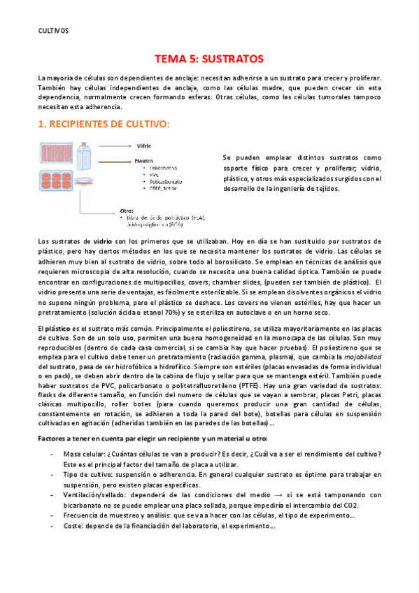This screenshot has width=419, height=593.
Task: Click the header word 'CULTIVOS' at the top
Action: (53, 30)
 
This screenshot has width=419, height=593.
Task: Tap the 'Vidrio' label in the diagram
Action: (144, 146)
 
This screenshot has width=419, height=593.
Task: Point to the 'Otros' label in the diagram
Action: (127, 210)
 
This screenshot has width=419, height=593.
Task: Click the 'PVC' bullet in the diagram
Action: (154, 175)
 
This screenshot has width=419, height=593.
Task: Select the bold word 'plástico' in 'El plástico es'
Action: (59, 327)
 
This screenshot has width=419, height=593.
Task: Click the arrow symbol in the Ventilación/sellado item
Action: (299, 494)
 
